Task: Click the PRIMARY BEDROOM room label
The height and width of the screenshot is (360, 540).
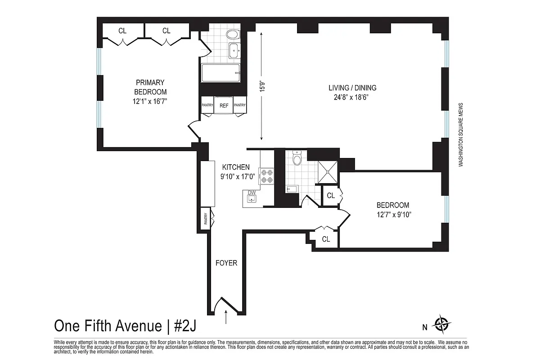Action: tap(150, 87)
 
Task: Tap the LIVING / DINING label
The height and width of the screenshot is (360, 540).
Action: tap(352, 88)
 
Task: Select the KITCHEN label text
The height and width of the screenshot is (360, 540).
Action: tap(233, 167)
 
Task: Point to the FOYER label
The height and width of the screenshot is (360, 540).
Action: tap(226, 263)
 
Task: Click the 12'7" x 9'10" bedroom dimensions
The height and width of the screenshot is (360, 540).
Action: tap(393, 214)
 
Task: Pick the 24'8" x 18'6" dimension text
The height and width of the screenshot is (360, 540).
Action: tap(352, 97)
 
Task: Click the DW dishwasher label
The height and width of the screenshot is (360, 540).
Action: tap(252, 193)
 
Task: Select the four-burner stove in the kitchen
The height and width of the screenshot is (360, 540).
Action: tap(265, 175)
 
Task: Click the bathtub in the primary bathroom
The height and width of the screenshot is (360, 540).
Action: tap(220, 73)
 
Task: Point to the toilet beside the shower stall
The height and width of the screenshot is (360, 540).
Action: tap(297, 158)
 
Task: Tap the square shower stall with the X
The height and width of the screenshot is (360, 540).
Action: tap(328, 171)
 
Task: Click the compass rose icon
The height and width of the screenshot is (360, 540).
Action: tap(441, 323)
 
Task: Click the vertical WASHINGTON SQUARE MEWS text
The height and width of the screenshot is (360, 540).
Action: tap(461, 135)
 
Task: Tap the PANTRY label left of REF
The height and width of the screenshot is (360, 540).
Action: tap(207, 105)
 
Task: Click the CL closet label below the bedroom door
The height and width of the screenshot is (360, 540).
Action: tap(326, 239)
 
